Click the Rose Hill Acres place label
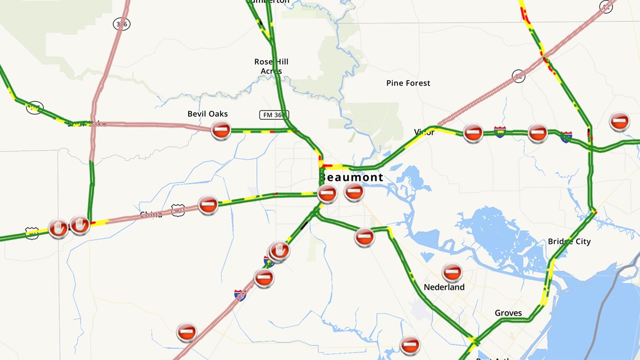tap(271, 66)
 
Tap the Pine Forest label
tap(408, 83)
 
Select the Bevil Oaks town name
tap(207, 114)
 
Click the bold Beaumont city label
tap(352, 177)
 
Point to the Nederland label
tap(444, 287)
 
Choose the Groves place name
tap(508, 313)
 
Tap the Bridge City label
tap(569, 241)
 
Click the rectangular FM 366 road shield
tap(274, 115)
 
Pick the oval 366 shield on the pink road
tap(121, 24)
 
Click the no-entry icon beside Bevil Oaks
tap(221, 130)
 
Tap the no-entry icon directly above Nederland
tap(451, 273)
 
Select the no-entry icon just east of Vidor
tap(473, 133)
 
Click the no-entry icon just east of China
tap(208, 204)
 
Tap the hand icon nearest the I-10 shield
tap(280, 250)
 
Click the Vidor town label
tap(424, 133)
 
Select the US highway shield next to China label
tap(178, 210)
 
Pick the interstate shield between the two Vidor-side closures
tap(500, 132)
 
